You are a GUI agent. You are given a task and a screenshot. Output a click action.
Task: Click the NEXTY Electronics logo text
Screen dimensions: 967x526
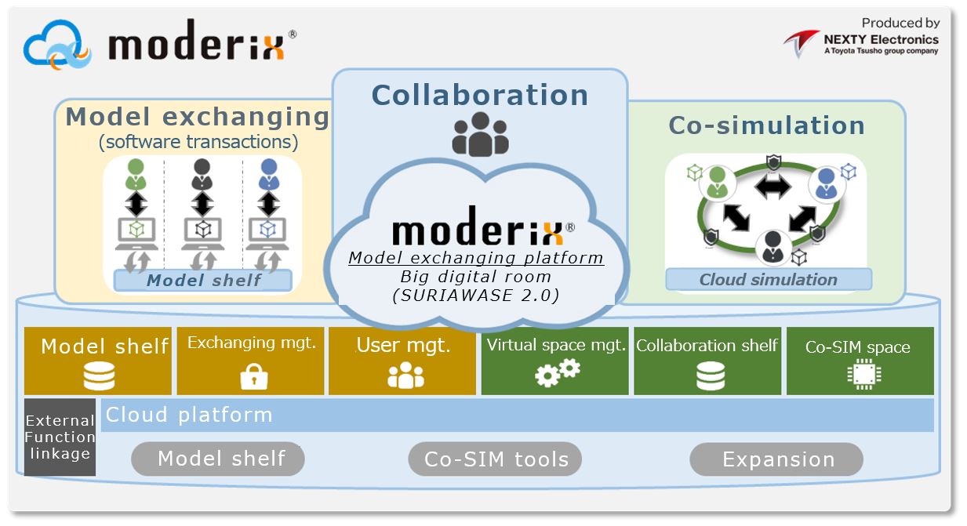pyautogui.click(x=881, y=40)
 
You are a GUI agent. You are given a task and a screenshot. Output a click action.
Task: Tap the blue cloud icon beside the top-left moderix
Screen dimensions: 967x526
pyautogui.click(x=57, y=45)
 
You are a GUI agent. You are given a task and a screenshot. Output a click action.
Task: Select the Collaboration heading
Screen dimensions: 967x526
pyautogui.click(x=480, y=95)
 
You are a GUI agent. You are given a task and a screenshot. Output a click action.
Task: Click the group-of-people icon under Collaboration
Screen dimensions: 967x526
pyautogui.click(x=481, y=134)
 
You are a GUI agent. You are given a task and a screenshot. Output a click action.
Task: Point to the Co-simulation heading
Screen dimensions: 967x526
pyautogui.click(x=767, y=125)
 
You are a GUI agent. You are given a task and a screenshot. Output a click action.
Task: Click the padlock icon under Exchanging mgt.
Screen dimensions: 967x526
pyautogui.click(x=254, y=376)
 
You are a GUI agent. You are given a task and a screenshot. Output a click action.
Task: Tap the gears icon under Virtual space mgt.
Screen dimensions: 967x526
pyautogui.click(x=558, y=373)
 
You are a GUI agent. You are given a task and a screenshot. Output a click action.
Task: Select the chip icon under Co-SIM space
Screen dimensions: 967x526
pyautogui.click(x=864, y=374)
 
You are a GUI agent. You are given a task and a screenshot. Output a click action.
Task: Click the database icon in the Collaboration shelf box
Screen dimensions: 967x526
pyautogui.click(x=711, y=375)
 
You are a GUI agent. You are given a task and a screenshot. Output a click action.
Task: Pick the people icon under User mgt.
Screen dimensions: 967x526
pyautogui.click(x=405, y=375)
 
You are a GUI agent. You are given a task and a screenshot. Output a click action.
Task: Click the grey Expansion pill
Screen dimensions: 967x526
pyautogui.click(x=776, y=459)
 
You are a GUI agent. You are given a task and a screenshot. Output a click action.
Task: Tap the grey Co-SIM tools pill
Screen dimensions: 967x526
pyautogui.click(x=495, y=459)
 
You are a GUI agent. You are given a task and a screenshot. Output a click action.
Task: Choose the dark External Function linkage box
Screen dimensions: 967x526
pyautogui.click(x=60, y=437)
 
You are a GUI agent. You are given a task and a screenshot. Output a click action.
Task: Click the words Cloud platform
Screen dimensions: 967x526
pyautogui.click(x=189, y=415)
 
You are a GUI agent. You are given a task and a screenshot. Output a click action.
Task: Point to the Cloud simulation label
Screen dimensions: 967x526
pyautogui.click(x=769, y=280)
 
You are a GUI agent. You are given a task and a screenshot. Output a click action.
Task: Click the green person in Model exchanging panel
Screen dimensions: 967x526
pyautogui.click(x=136, y=174)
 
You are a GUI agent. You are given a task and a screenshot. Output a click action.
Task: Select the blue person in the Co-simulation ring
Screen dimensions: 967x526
pyautogui.click(x=827, y=183)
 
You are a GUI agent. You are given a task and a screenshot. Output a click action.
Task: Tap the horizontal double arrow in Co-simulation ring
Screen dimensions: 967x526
pyautogui.click(x=773, y=187)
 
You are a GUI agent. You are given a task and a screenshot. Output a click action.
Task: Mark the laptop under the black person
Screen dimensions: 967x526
pyautogui.click(x=203, y=234)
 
